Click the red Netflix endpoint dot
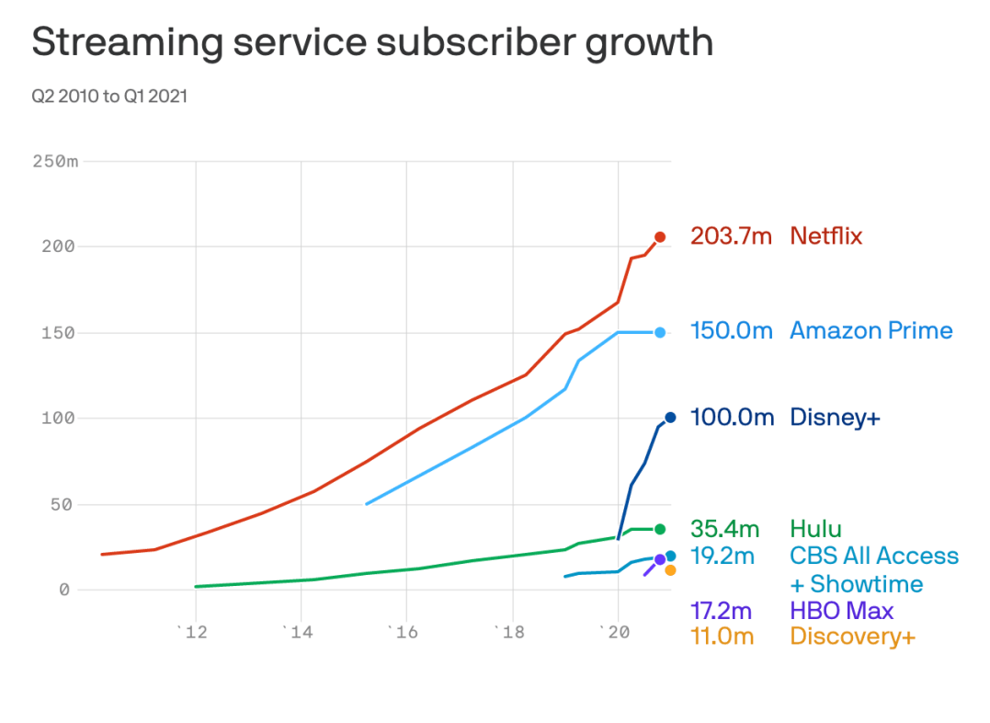[x=660, y=237]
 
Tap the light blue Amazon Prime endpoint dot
[x=660, y=332]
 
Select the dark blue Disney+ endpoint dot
[x=670, y=417]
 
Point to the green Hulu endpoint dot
[x=660, y=529]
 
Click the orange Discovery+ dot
[x=670, y=570]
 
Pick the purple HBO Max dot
[x=660, y=559]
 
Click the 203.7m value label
[x=731, y=236]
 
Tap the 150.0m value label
[x=732, y=330]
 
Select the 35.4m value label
[x=725, y=528]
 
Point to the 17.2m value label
[x=721, y=611]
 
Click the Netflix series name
[x=825, y=236]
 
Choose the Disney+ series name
[x=835, y=417]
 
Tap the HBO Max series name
[x=842, y=611]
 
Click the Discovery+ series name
[x=852, y=637]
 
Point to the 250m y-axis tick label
[x=55, y=162]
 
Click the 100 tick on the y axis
[x=58, y=418]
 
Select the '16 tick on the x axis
[x=403, y=632]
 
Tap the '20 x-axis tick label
[x=614, y=632]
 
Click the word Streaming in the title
[x=128, y=43]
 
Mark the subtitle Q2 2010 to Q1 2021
[x=109, y=96]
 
